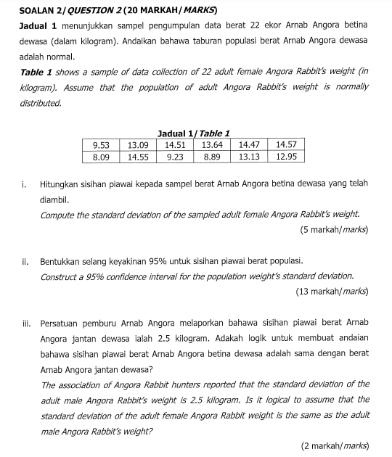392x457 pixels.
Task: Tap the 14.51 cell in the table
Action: [x=175, y=145]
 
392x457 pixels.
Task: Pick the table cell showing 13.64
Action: [x=212, y=145]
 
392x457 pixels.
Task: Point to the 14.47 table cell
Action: [x=249, y=145]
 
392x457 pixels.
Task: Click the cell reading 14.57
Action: [x=286, y=145]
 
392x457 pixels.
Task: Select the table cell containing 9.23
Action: [x=175, y=156]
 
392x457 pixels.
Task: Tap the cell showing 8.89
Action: [x=212, y=156]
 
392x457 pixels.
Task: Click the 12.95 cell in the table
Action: [x=286, y=156]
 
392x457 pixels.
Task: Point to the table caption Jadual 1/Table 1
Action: [x=193, y=133]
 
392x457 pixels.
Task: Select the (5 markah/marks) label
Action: [x=333, y=230]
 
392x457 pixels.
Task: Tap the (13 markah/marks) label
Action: [x=332, y=292]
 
